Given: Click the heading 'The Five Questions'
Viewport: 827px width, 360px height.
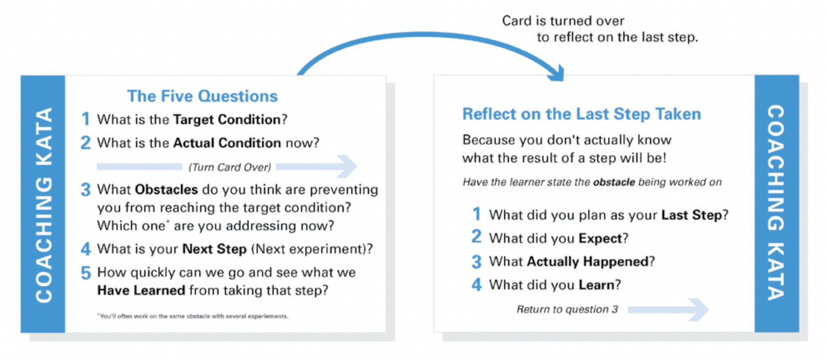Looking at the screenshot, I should tap(202, 96).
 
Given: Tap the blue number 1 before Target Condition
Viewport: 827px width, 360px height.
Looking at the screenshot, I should tap(85, 119).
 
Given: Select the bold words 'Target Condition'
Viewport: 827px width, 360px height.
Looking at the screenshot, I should tap(227, 119).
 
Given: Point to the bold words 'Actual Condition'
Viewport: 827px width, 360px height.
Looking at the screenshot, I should tap(227, 143).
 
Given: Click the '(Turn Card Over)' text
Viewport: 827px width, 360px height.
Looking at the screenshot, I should tap(229, 167).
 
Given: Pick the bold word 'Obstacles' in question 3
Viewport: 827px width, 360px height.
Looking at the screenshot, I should tap(166, 190).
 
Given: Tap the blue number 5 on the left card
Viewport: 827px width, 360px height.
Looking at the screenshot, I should tap(86, 273).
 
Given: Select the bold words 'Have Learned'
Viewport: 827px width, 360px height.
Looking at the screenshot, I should tap(141, 291).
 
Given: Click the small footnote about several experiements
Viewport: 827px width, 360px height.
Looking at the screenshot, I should tap(193, 316).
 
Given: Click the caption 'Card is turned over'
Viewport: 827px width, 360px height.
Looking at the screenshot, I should tap(563, 21).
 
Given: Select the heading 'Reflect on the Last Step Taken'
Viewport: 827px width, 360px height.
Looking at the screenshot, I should tap(581, 114).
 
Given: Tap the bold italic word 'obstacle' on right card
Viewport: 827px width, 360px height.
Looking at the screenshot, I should tap(614, 182).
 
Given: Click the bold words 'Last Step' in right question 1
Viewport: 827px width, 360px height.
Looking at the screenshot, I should tap(691, 215).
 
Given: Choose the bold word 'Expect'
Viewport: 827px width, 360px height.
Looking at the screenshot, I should tap(599, 238).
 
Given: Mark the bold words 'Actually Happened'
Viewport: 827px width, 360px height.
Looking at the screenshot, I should tap(587, 262).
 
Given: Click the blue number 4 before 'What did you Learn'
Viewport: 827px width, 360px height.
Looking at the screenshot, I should tap(476, 284).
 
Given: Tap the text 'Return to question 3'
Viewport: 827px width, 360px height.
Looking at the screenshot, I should tap(567, 309).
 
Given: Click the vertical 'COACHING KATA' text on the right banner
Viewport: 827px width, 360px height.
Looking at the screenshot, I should tap(776, 203).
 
